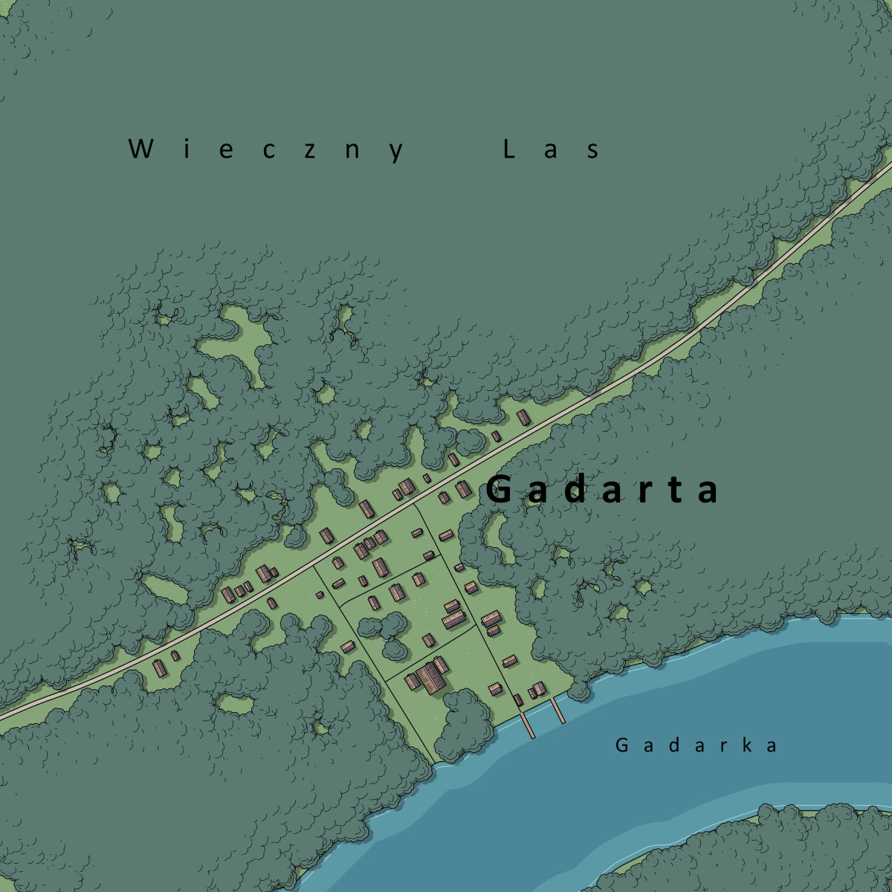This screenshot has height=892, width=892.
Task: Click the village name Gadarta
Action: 603,491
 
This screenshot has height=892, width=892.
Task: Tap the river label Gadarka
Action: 697,745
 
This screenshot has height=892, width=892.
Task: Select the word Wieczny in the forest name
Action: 267,149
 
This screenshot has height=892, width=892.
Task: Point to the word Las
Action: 551,149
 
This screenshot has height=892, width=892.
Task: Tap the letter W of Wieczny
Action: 140,149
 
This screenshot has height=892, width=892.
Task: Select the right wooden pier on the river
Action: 557,710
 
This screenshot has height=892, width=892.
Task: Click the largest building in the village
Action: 430,676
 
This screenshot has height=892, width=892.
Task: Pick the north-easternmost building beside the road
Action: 523,416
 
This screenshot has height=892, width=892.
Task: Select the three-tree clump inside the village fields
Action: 387,633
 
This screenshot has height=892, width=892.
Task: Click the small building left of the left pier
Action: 518,699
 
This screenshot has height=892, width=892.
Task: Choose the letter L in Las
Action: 509,149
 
